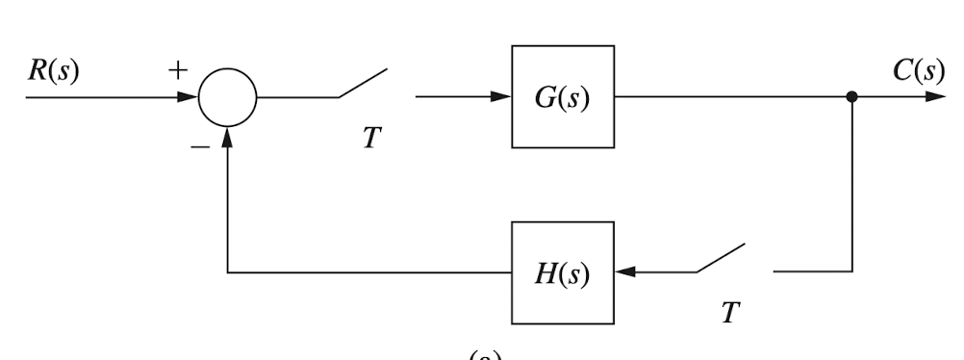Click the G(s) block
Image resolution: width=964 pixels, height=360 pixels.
[562, 97]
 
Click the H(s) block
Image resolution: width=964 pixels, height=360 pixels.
[562, 272]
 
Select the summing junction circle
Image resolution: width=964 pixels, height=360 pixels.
[228, 97]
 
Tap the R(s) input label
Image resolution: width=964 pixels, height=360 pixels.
[53, 72]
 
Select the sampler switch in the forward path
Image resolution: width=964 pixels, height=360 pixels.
[362, 85]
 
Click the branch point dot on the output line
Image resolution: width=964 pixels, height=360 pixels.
[851, 97]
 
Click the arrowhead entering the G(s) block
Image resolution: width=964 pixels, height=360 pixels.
[499, 97]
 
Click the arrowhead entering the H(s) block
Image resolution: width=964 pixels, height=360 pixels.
[625, 272]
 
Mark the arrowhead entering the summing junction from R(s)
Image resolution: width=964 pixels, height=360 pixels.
[189, 97]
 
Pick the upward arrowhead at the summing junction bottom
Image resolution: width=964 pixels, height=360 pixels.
[228, 137]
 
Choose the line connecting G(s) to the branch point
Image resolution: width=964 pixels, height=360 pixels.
[731, 97]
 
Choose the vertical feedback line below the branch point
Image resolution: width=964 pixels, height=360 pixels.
[851, 183]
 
